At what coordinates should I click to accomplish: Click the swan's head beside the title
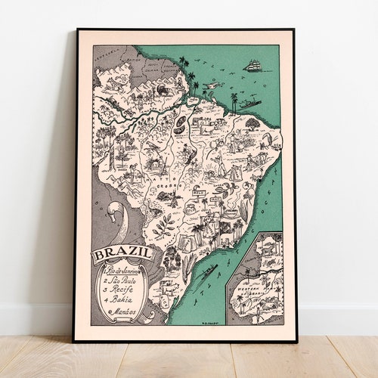pos(114,208)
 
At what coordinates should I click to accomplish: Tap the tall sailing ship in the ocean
pos(253,65)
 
